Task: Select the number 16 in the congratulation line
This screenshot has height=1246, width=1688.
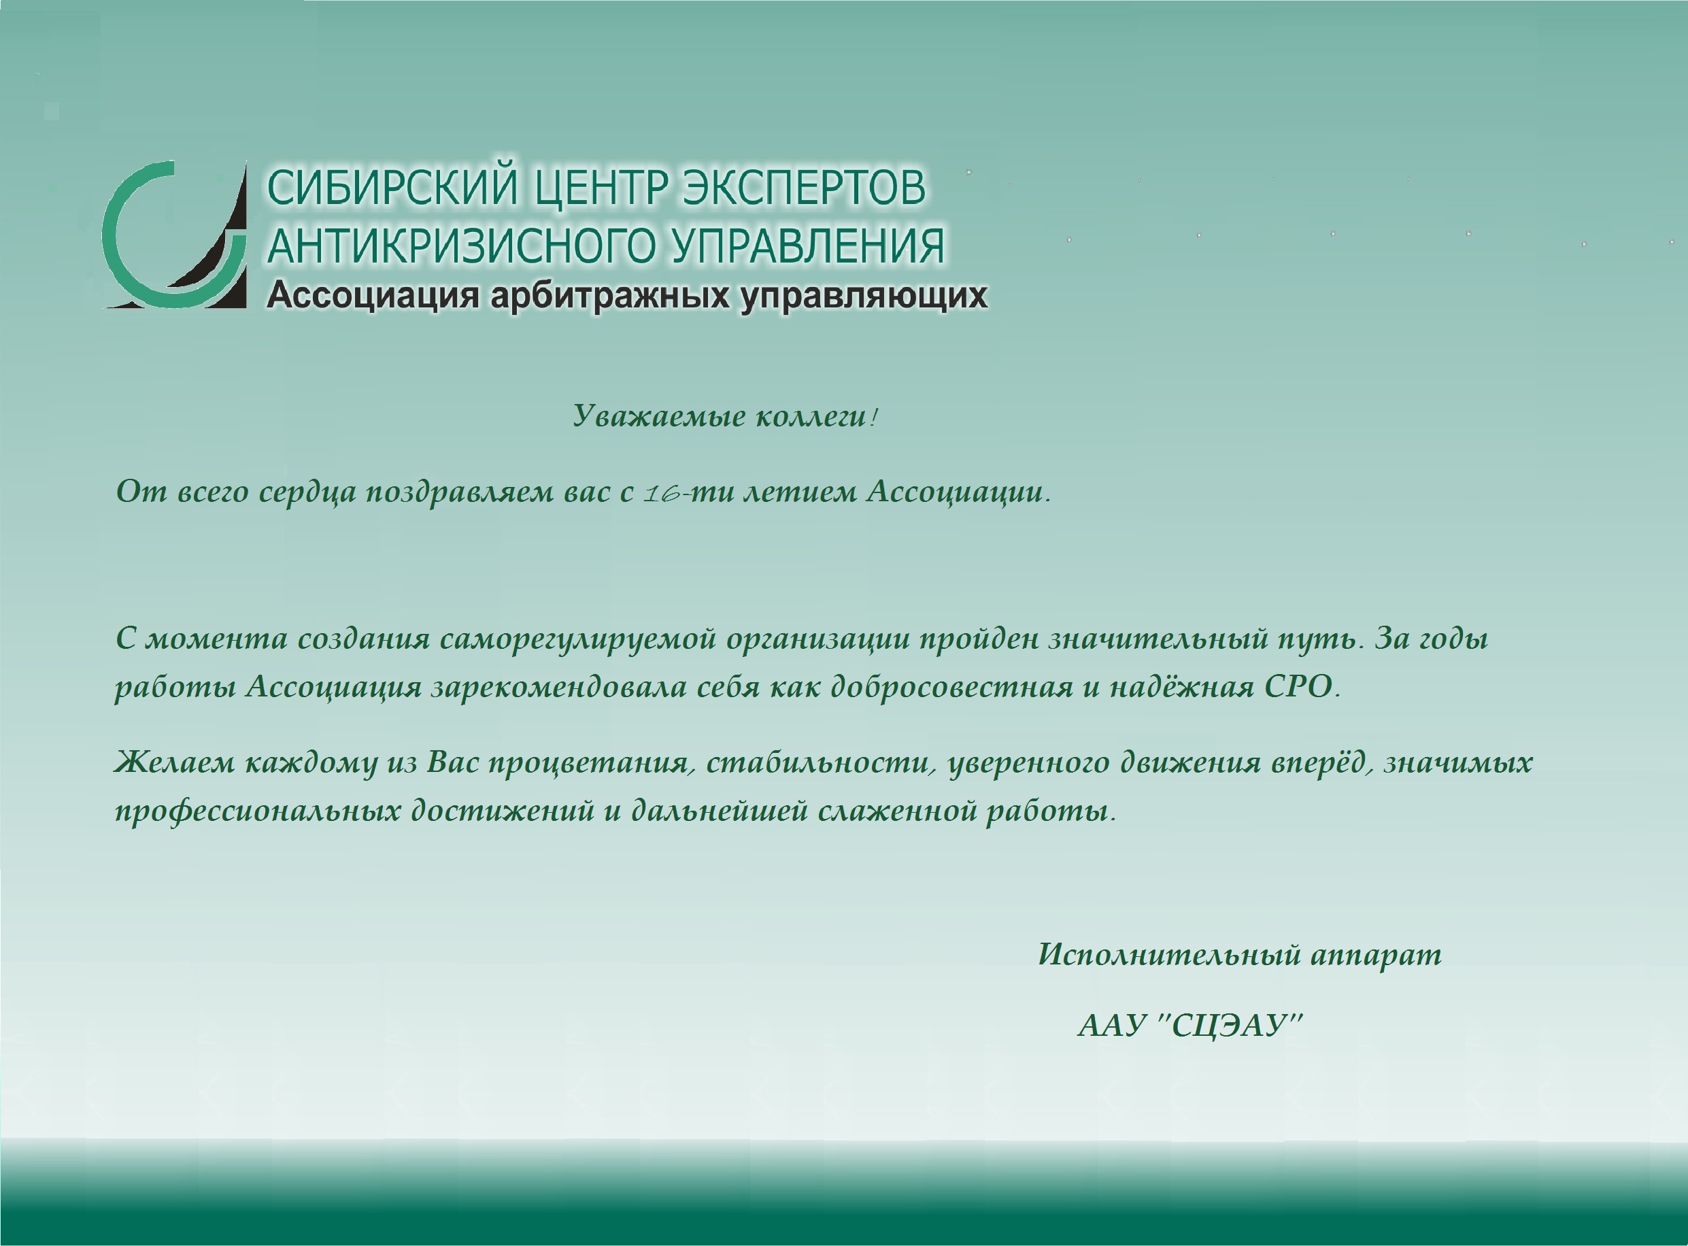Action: (664, 494)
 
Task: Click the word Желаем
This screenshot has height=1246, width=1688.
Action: (174, 762)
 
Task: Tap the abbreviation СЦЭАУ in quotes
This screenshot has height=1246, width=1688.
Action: (1230, 1026)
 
